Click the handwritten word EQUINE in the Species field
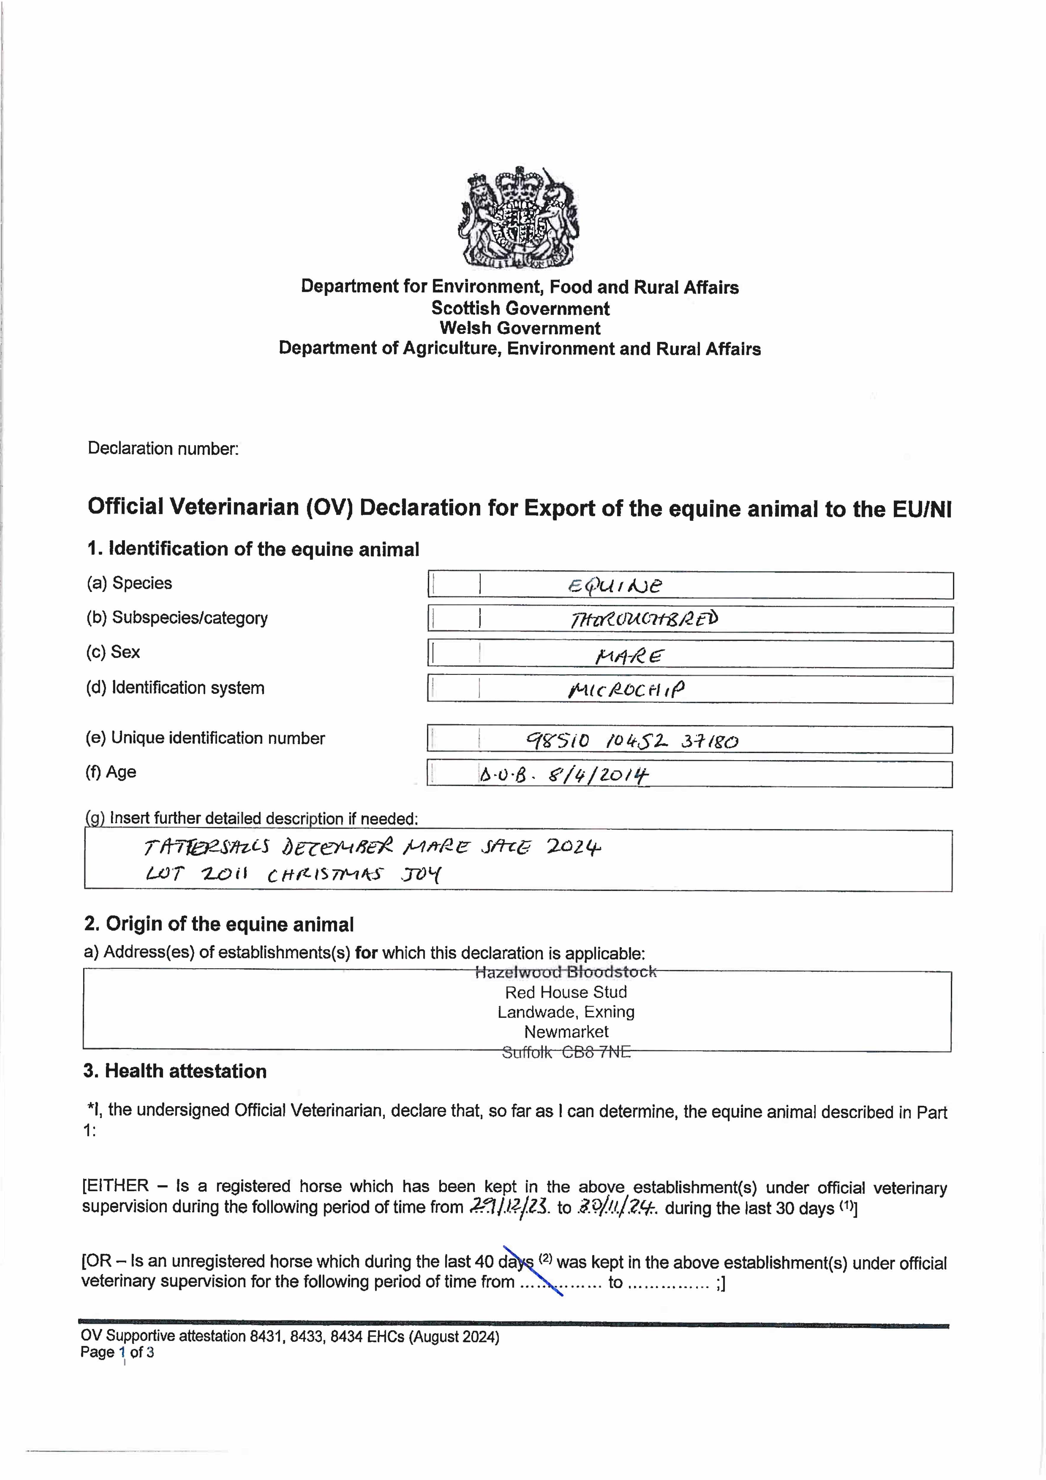point(614,585)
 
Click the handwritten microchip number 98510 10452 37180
point(632,741)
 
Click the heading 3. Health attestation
point(175,1071)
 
